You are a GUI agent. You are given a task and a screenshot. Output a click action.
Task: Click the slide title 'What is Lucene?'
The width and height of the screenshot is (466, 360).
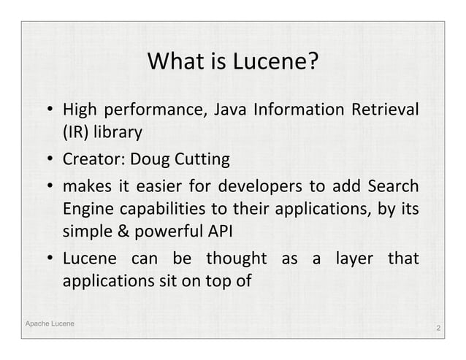pos(233,64)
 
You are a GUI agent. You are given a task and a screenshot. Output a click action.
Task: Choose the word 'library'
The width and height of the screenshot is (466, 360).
pos(120,134)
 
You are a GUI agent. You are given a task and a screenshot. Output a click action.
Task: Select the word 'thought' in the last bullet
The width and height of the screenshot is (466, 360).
pos(234,259)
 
